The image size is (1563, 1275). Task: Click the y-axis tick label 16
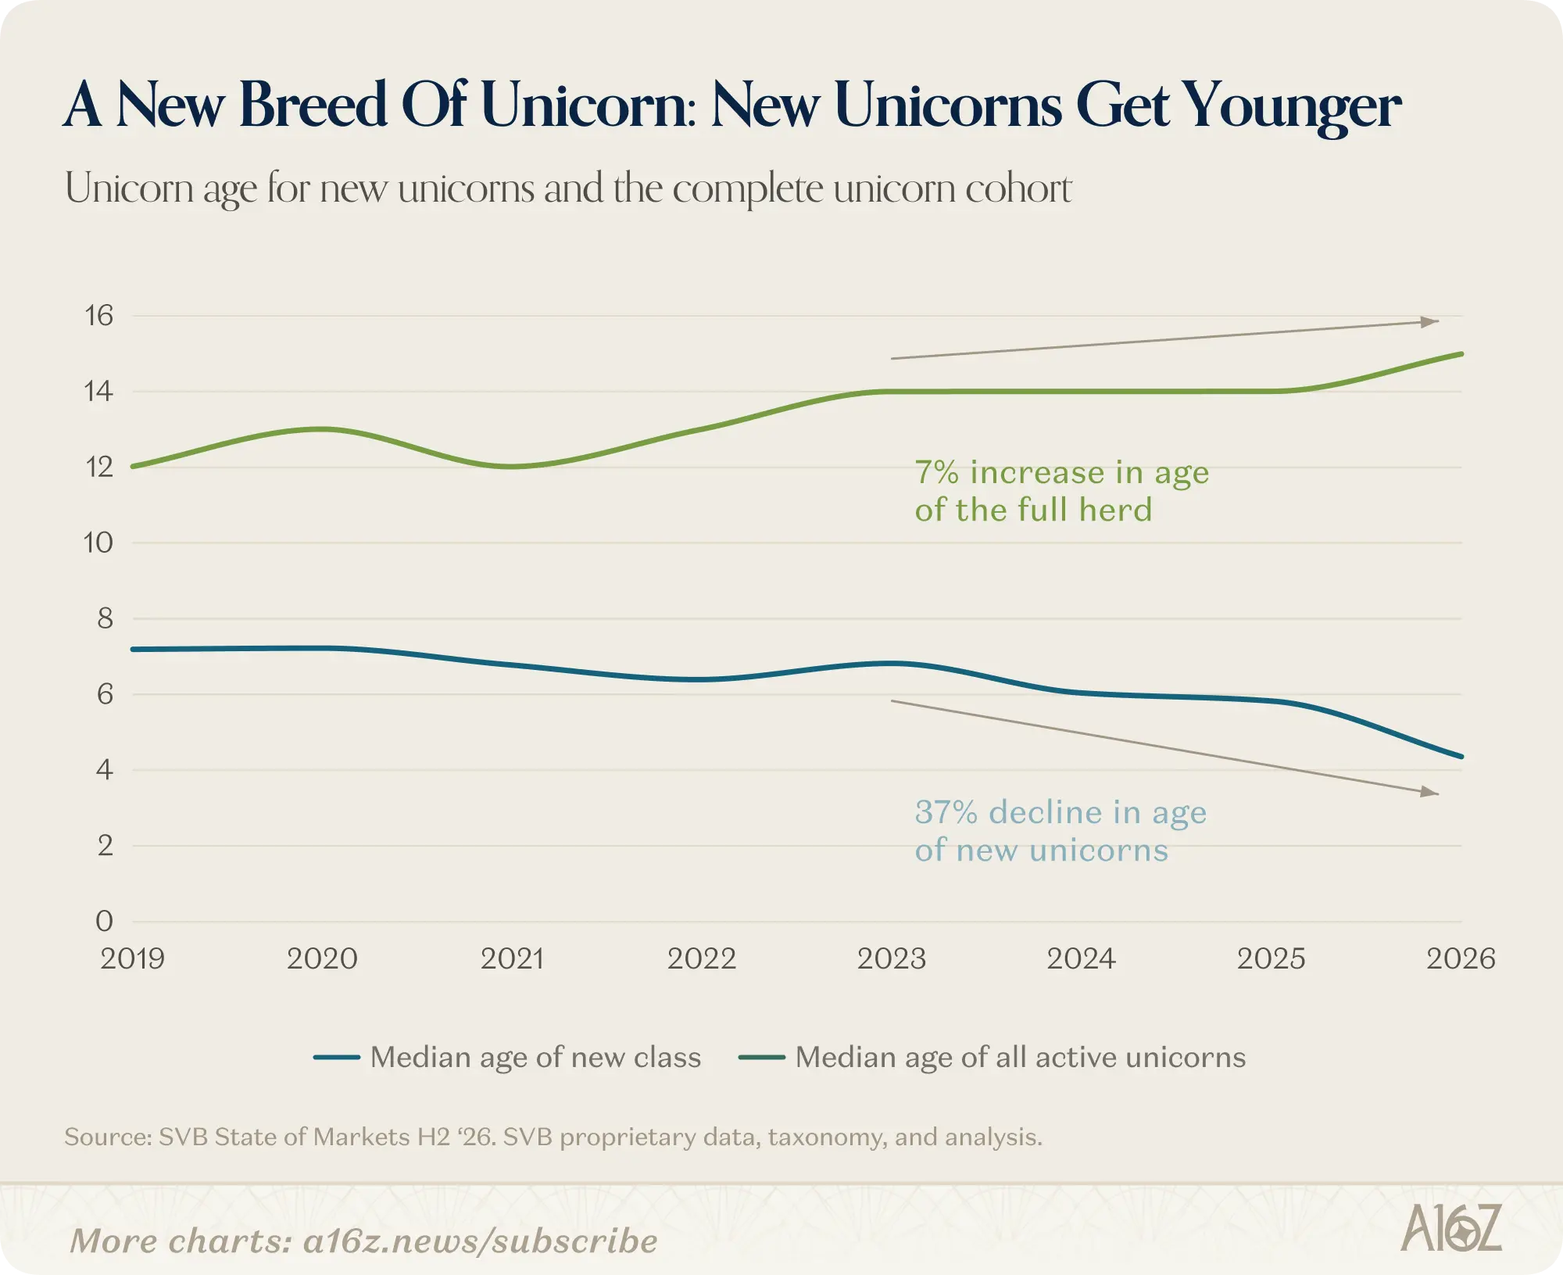point(99,316)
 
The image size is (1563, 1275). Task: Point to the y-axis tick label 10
point(98,543)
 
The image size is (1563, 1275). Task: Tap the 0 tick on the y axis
point(104,921)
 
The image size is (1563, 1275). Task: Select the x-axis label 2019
point(132,958)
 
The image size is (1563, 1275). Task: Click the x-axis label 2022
point(702,958)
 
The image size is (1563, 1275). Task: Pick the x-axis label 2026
point(1461,958)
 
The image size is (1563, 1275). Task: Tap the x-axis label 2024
point(1082,958)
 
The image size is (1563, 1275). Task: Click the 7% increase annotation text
point(1062,491)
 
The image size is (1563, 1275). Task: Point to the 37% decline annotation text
point(1060,831)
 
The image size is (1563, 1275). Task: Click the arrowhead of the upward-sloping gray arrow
point(1430,321)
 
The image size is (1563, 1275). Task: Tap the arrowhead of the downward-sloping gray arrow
point(1430,792)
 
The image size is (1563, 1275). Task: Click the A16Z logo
point(1451,1228)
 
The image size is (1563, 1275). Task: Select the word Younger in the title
point(1291,106)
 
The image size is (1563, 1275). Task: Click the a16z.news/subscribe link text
point(480,1241)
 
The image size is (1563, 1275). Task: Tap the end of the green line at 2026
point(1461,354)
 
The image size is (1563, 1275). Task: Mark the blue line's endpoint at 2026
point(1461,757)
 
